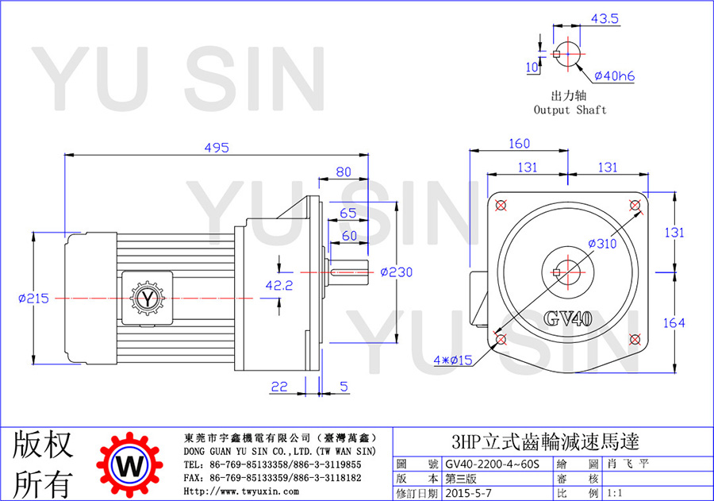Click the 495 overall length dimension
pos(217,148)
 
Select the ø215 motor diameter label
pos(33,299)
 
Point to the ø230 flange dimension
pos(396,272)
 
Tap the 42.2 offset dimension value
pos(279,285)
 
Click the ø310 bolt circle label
pos(602,244)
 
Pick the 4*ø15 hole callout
pos(453,360)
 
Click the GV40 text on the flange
pos(568,318)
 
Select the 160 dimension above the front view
pos(519,144)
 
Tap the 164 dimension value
pos(674,323)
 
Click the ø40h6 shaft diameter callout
pos(614,75)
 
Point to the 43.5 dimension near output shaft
pos(605,19)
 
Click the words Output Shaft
pos(570,110)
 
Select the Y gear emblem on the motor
pos(148,299)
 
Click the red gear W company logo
pos(130,465)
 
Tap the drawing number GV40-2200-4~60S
pos(492,464)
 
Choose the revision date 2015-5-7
pos(469,493)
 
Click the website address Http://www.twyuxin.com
pos(241,491)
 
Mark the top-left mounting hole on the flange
pos(501,205)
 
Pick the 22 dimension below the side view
pos(279,387)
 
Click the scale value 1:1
pos(614,493)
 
